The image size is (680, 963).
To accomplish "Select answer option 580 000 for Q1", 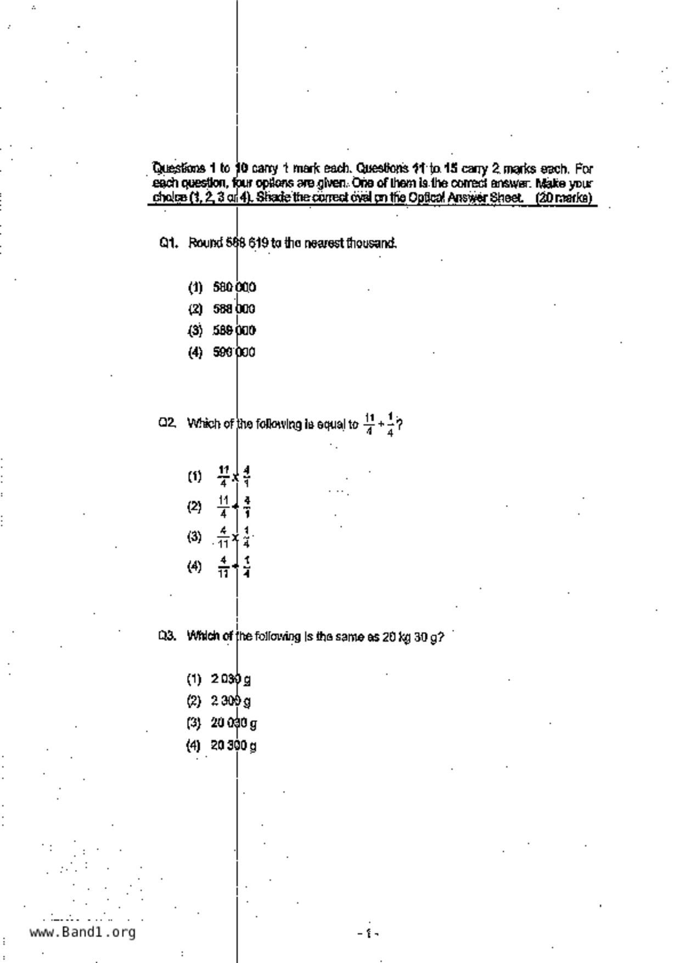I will [x=234, y=288].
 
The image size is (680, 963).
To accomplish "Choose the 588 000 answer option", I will [x=234, y=309].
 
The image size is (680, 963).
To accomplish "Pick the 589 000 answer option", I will [x=234, y=331].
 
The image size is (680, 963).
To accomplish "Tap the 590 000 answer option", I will [x=234, y=352].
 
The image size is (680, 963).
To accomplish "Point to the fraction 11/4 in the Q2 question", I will [x=369, y=424].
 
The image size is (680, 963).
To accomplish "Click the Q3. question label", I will [x=167, y=636].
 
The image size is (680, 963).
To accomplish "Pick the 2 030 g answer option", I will [x=231, y=680].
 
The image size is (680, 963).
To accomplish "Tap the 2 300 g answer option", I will [x=231, y=701].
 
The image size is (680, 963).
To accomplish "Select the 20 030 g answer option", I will [x=233, y=724].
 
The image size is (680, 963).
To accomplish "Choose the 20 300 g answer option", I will [x=233, y=746].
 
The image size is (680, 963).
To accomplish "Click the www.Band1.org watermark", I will [x=83, y=932].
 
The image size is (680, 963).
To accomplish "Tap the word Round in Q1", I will [x=205, y=243].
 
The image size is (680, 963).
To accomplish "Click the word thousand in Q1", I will [x=372, y=243].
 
